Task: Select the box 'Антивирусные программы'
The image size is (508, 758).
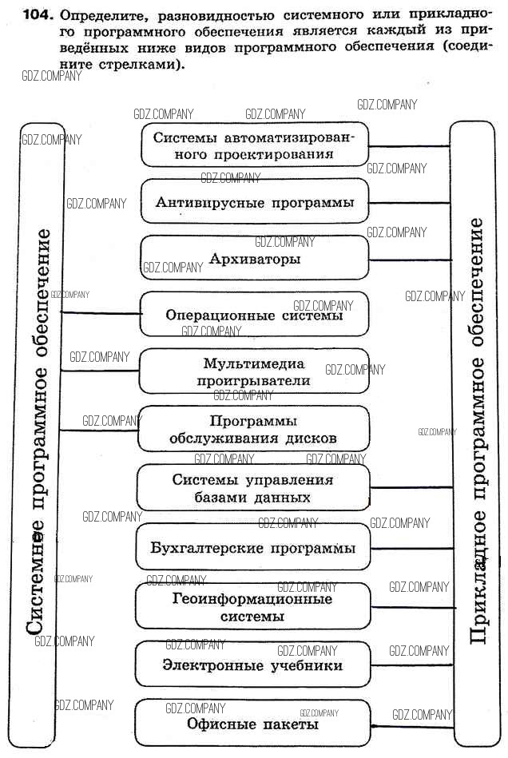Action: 255,202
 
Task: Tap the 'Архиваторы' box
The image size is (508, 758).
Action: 255,259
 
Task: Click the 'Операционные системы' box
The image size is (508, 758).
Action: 255,315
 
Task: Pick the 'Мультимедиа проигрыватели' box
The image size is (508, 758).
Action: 255,371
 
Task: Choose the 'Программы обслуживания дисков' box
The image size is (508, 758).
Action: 255,429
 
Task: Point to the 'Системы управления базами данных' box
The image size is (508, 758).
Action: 253,488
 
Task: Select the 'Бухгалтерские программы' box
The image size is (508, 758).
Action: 253,548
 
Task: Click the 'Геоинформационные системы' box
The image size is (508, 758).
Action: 253,607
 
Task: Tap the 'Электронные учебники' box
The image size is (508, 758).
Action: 253,665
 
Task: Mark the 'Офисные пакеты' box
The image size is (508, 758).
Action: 253,724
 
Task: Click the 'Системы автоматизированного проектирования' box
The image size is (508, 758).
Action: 255,145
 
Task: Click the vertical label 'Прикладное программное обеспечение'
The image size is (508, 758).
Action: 478,431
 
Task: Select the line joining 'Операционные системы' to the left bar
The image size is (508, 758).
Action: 101,312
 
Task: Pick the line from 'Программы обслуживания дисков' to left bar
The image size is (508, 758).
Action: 101,431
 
